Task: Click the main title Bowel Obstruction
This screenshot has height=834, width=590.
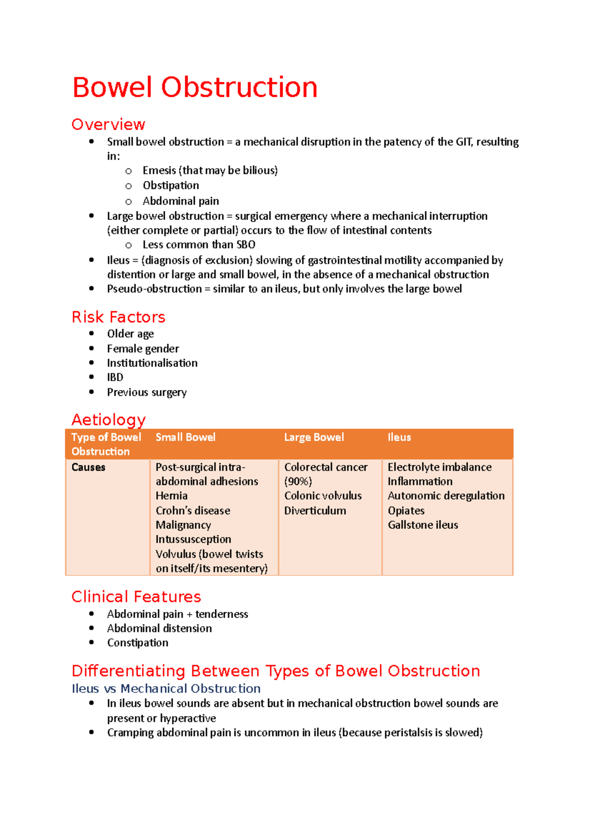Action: pyautogui.click(x=195, y=88)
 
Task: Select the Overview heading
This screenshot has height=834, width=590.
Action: pyautogui.click(x=108, y=124)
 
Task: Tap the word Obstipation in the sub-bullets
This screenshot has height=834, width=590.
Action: pyautogui.click(x=171, y=186)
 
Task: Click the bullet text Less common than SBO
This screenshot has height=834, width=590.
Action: pyautogui.click(x=199, y=245)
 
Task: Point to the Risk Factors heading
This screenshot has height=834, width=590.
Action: pyautogui.click(x=118, y=317)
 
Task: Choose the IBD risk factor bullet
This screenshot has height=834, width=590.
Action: pyautogui.click(x=115, y=377)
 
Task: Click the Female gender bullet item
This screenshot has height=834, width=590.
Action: pyautogui.click(x=143, y=349)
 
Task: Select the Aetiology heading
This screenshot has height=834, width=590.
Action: pyautogui.click(x=108, y=420)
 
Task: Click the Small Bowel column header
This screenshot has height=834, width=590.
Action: pyautogui.click(x=185, y=437)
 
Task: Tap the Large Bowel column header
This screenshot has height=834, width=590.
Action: pyautogui.click(x=314, y=437)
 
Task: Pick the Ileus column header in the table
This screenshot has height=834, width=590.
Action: pyautogui.click(x=399, y=437)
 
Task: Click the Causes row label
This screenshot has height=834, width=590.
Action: pyautogui.click(x=88, y=467)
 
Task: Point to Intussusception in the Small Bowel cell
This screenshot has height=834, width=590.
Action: pyautogui.click(x=193, y=539)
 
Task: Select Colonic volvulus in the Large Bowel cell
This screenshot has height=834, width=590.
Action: pyautogui.click(x=323, y=496)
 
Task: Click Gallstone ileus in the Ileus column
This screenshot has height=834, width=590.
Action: pyautogui.click(x=423, y=525)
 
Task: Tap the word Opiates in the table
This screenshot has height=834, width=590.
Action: pyautogui.click(x=406, y=511)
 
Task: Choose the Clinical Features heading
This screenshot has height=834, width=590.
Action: pyautogui.click(x=136, y=597)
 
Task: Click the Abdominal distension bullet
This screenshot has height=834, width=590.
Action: pyautogui.click(x=159, y=629)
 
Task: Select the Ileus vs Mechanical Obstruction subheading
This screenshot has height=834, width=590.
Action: pyautogui.click(x=166, y=689)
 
